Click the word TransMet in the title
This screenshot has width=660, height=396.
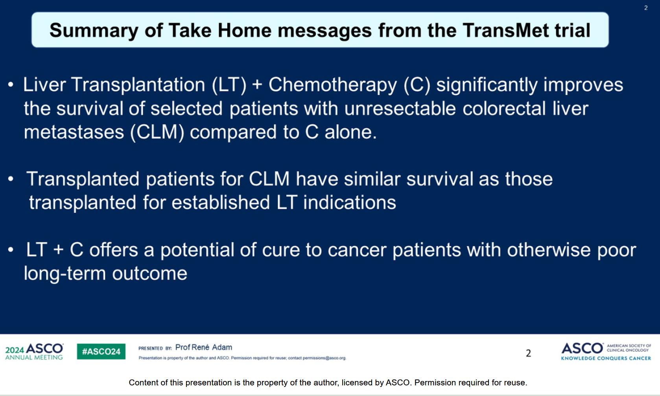point(505,30)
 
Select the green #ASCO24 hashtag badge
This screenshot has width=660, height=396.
point(101,351)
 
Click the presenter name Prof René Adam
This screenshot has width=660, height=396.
point(204,347)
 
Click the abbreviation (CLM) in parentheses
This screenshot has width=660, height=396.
point(157,132)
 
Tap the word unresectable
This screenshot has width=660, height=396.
point(400,108)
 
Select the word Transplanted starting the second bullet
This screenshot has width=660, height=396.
point(83,180)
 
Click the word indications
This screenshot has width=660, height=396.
point(350,202)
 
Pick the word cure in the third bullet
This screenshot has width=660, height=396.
point(280,250)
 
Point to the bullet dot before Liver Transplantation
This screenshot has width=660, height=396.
point(11,85)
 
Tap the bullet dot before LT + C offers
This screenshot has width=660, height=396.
point(11,250)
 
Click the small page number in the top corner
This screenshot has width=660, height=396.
point(646,8)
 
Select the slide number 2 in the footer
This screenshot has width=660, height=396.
point(529,353)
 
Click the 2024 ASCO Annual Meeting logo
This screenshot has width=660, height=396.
point(34,351)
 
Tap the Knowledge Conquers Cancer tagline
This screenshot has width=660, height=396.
point(606,358)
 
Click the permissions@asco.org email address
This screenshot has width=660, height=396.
point(324,358)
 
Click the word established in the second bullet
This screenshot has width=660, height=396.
point(220,202)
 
